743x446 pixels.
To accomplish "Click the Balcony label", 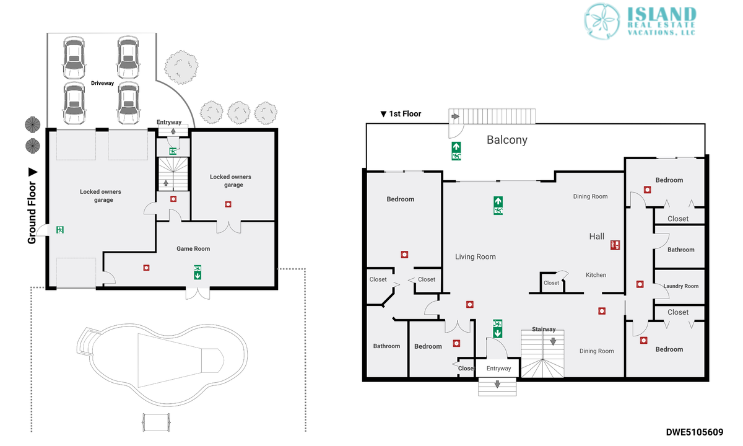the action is click(507, 140).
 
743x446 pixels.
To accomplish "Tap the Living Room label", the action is click(476, 257).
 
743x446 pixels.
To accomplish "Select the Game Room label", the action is click(193, 248).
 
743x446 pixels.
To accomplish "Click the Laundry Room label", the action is click(680, 286).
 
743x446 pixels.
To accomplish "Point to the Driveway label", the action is click(103, 83).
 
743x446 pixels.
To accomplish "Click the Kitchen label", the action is click(596, 275).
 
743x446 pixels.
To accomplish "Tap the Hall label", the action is click(597, 236).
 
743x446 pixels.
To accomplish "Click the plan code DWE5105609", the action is click(695, 432).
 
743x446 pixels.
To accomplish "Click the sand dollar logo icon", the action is click(602, 21).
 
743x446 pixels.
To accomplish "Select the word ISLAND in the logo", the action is click(662, 14).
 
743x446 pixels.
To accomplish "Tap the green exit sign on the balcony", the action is click(456, 151).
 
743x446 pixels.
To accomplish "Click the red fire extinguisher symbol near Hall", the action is click(615, 245).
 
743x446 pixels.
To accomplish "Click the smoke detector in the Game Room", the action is click(146, 268).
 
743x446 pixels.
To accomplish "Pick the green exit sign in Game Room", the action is click(198, 272).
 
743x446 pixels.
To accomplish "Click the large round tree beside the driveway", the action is click(181, 68).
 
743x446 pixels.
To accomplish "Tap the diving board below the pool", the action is click(156, 422).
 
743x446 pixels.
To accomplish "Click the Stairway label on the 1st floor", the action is click(544, 329).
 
